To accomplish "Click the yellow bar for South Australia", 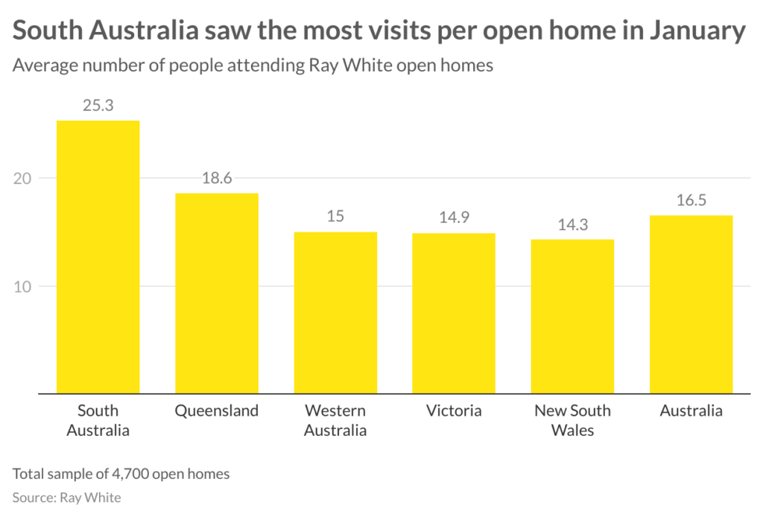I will pyautogui.click(x=98, y=257).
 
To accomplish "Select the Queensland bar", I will pyautogui.click(x=217, y=293).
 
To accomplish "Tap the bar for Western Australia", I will pyautogui.click(x=335, y=312).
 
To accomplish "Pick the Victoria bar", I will pyautogui.click(x=454, y=313).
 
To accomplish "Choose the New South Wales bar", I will pyautogui.click(x=572, y=316).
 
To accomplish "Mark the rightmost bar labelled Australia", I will pyautogui.click(x=691, y=304).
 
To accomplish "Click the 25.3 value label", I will pyautogui.click(x=98, y=106).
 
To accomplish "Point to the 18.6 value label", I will pyautogui.click(x=217, y=179).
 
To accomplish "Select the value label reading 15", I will pyautogui.click(x=335, y=218).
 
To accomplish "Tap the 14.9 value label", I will pyautogui.click(x=454, y=218).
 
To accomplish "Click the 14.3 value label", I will pyautogui.click(x=572, y=225).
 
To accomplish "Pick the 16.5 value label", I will pyautogui.click(x=691, y=200).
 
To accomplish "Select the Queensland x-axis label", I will pyautogui.click(x=217, y=410).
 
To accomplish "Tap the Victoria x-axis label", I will pyautogui.click(x=454, y=410).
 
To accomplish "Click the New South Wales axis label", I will pyautogui.click(x=572, y=420).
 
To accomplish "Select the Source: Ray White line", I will pyautogui.click(x=66, y=497).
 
